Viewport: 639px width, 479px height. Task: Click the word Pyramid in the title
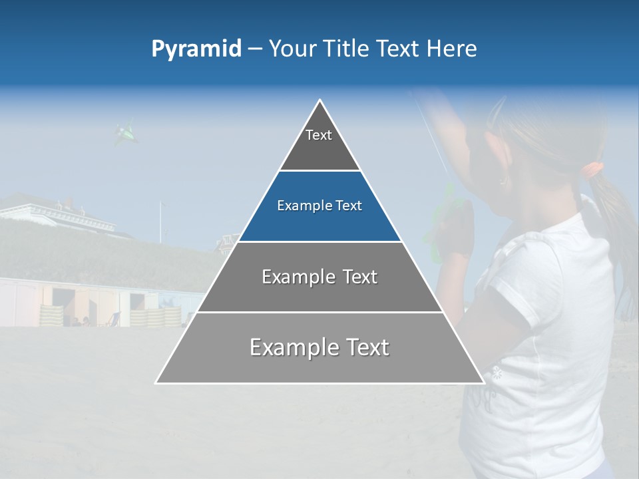click(x=196, y=49)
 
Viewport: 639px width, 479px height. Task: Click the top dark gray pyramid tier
click(x=319, y=143)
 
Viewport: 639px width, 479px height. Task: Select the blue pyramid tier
click(x=319, y=206)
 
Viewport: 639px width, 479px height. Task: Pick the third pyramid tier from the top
click(x=319, y=277)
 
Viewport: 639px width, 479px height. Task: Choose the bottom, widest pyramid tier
click(x=319, y=347)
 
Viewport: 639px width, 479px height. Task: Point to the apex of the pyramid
click(x=320, y=101)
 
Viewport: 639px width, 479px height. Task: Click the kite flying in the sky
click(x=126, y=134)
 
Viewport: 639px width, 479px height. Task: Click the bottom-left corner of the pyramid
click(x=156, y=383)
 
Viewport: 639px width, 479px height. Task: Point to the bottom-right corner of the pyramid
click(x=483, y=383)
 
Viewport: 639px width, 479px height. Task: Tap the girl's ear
click(x=504, y=174)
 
